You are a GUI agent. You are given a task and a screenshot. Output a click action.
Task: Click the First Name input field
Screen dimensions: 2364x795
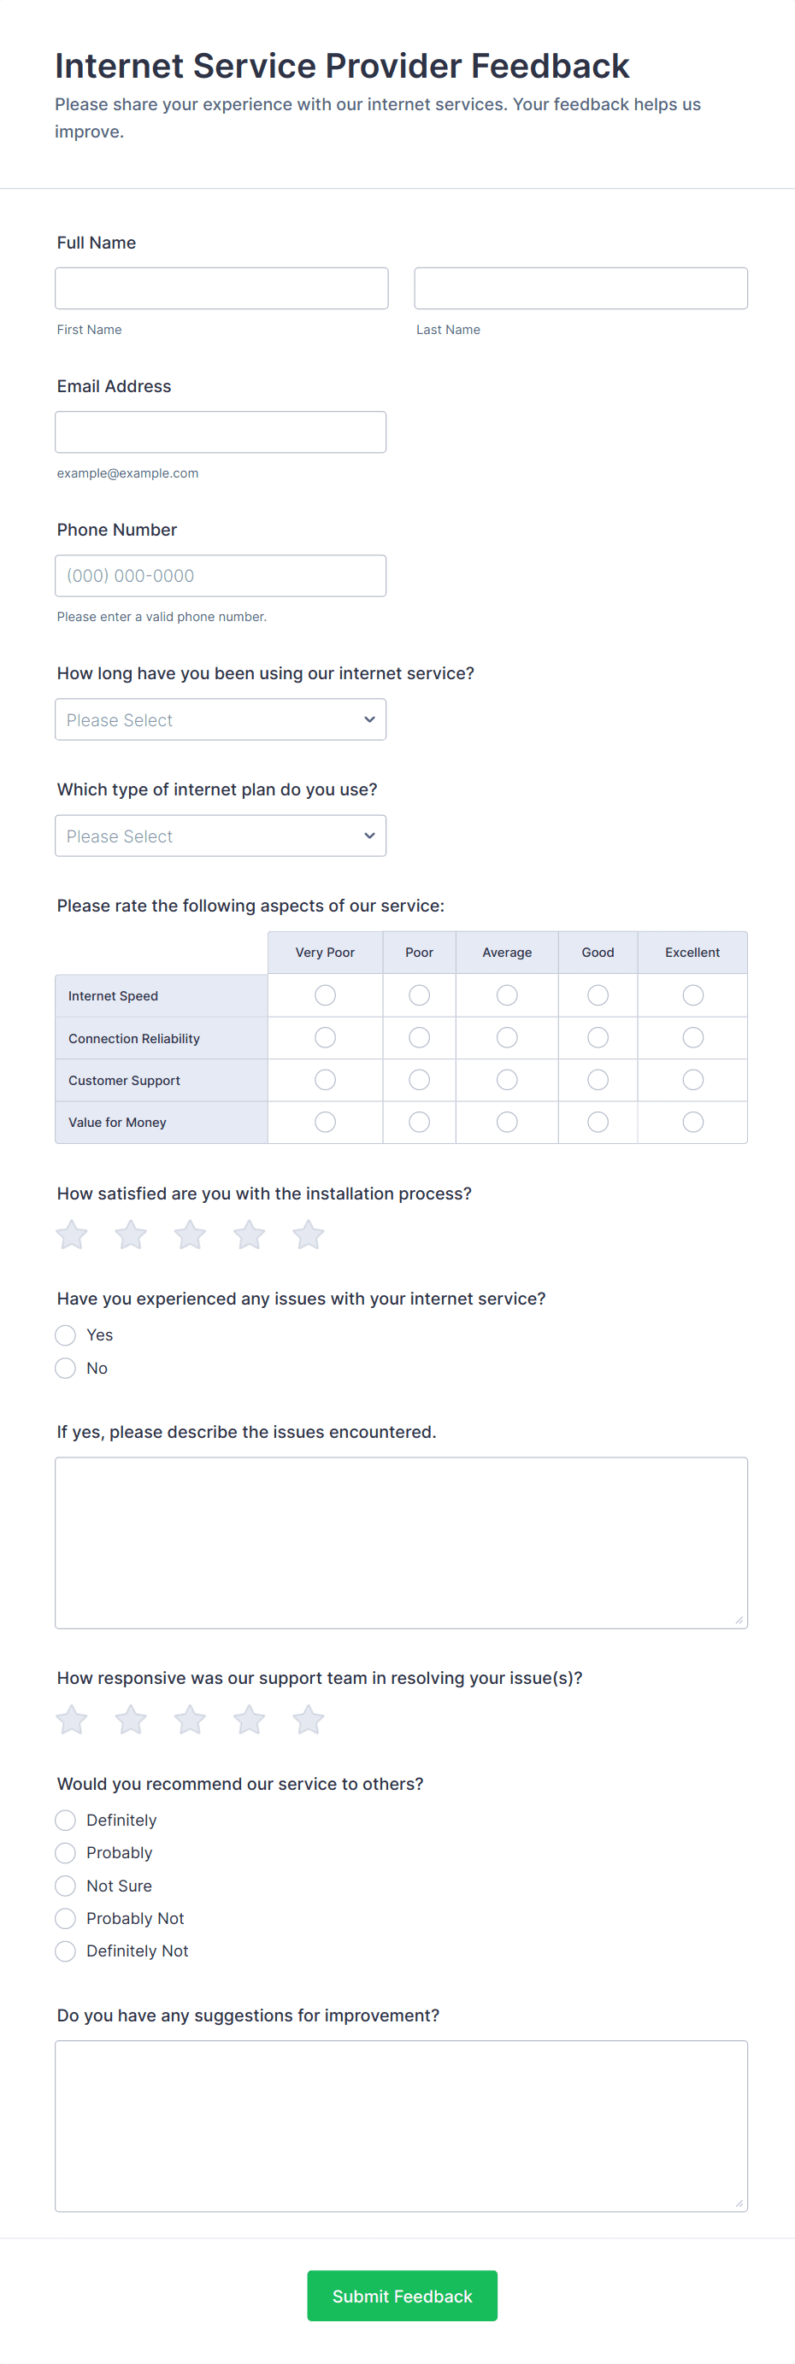(x=221, y=288)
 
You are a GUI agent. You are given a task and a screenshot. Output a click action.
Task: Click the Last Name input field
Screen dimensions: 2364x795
(x=580, y=288)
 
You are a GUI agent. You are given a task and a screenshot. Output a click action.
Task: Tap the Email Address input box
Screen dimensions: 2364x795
(x=221, y=432)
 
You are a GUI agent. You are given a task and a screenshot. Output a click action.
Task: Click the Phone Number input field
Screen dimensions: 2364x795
(x=221, y=575)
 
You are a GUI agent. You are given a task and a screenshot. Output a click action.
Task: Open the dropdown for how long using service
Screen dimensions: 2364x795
(x=221, y=719)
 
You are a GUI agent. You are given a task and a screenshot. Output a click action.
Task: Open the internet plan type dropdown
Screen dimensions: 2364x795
(x=221, y=836)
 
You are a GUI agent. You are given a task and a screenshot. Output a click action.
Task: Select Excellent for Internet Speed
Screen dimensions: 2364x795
(x=693, y=995)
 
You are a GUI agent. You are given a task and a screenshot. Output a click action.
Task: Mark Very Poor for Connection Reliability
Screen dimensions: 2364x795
(x=325, y=1038)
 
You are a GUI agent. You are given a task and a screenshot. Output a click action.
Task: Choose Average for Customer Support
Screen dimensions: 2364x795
(x=507, y=1080)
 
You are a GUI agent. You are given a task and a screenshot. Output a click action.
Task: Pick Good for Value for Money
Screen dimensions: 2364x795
(x=598, y=1123)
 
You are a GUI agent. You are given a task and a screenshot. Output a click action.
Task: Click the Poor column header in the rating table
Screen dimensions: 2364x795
(x=420, y=953)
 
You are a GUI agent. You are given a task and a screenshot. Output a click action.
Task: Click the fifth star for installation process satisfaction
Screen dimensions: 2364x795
(x=309, y=1235)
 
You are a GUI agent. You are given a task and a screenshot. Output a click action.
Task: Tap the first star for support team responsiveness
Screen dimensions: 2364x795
(x=72, y=1720)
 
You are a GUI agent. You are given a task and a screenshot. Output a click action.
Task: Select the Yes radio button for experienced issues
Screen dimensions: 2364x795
(x=65, y=1335)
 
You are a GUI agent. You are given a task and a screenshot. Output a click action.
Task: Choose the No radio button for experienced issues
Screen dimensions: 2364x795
(x=65, y=1369)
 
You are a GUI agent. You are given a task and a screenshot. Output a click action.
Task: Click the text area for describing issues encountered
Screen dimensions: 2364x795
(x=401, y=1543)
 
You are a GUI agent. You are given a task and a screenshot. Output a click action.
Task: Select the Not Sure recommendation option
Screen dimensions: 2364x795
(x=65, y=1886)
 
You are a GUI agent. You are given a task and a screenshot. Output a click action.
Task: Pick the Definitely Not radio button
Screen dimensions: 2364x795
(x=65, y=1951)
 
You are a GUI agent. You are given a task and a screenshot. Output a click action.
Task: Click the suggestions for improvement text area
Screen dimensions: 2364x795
(x=401, y=2126)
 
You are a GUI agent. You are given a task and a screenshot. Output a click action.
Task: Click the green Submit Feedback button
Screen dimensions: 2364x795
(x=402, y=2297)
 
